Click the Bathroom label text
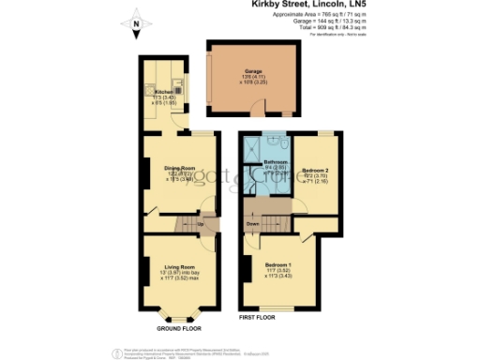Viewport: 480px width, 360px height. pyautogui.click(x=277, y=162)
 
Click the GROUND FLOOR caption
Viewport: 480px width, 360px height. pyautogui.click(x=179, y=328)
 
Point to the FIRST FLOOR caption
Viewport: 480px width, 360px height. pyautogui.click(x=261, y=319)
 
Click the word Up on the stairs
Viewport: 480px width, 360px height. pyautogui.click(x=201, y=224)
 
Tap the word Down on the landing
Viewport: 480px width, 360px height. pyautogui.click(x=253, y=224)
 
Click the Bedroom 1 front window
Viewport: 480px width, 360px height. pyautogui.click(x=277, y=308)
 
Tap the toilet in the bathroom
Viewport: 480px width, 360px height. pyautogui.click(x=280, y=142)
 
